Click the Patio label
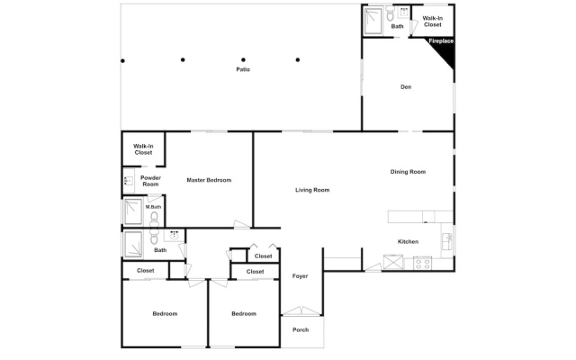pos(243,69)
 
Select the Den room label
pos(406,87)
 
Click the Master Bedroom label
pos(209,180)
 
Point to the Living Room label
pos(312,190)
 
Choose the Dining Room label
pos(408,172)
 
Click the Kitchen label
pos(408,241)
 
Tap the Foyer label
pos(300,276)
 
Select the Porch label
pos(301,330)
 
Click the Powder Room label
pos(150,181)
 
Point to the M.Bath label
pos(153,207)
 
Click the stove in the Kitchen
pos(422,264)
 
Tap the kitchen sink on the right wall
pos(447,241)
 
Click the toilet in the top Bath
pos(390,14)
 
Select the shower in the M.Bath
pos(133,211)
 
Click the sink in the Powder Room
pos(129,181)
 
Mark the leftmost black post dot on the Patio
pos(122,61)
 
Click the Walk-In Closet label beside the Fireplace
pos(432,22)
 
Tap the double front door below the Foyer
pos(301,311)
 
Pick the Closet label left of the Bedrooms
pos(146,270)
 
